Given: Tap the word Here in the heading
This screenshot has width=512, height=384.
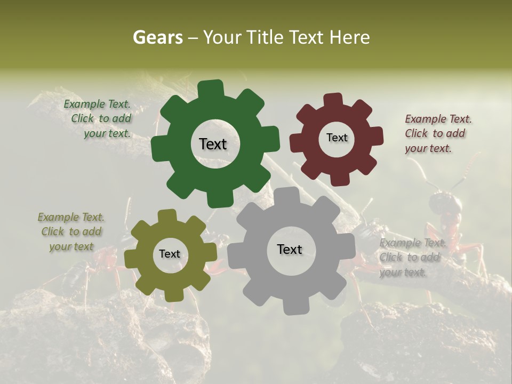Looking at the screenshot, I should (350, 37).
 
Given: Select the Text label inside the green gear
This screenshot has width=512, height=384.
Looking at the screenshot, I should (213, 144).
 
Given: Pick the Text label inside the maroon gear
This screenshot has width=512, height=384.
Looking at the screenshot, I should (337, 138).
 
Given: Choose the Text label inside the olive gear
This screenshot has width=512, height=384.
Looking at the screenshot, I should (170, 254).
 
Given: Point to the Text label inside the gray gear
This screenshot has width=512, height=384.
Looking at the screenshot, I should (290, 250).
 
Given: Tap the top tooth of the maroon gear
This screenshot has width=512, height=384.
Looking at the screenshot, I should (333, 100).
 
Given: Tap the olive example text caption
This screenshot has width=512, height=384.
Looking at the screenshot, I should (71, 231).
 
